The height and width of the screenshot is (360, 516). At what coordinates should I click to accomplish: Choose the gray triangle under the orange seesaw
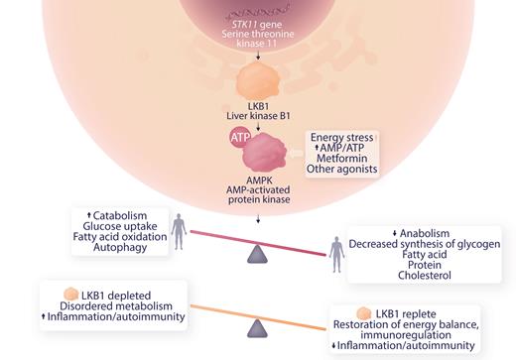259,327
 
